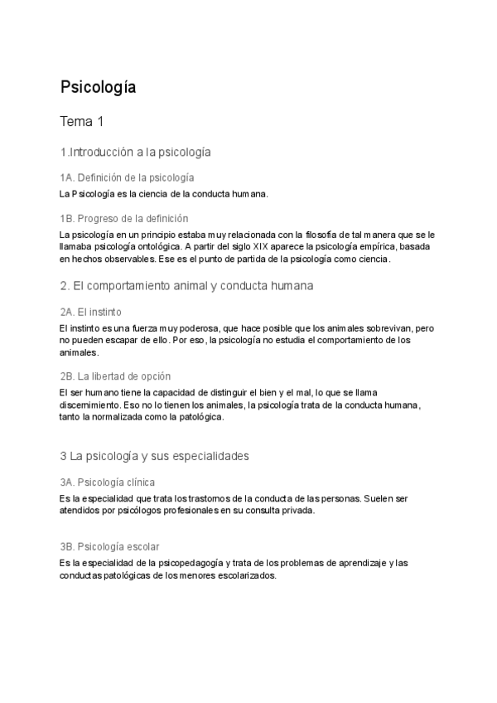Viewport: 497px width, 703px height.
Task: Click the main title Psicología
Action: click(x=98, y=86)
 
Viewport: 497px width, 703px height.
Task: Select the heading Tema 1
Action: click(x=82, y=122)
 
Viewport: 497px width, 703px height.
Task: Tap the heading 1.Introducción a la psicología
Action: click(x=136, y=153)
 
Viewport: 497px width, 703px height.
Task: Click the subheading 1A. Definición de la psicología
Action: click(x=127, y=178)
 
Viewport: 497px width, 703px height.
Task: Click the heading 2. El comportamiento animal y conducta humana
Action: click(x=186, y=286)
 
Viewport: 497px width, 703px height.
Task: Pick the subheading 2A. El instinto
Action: click(x=91, y=312)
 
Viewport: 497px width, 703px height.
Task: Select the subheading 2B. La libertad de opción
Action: click(x=115, y=376)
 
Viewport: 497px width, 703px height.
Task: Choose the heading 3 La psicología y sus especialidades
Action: click(x=155, y=456)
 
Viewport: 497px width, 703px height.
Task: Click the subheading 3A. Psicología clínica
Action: click(x=107, y=482)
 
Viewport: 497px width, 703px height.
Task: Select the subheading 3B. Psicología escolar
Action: click(x=109, y=547)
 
